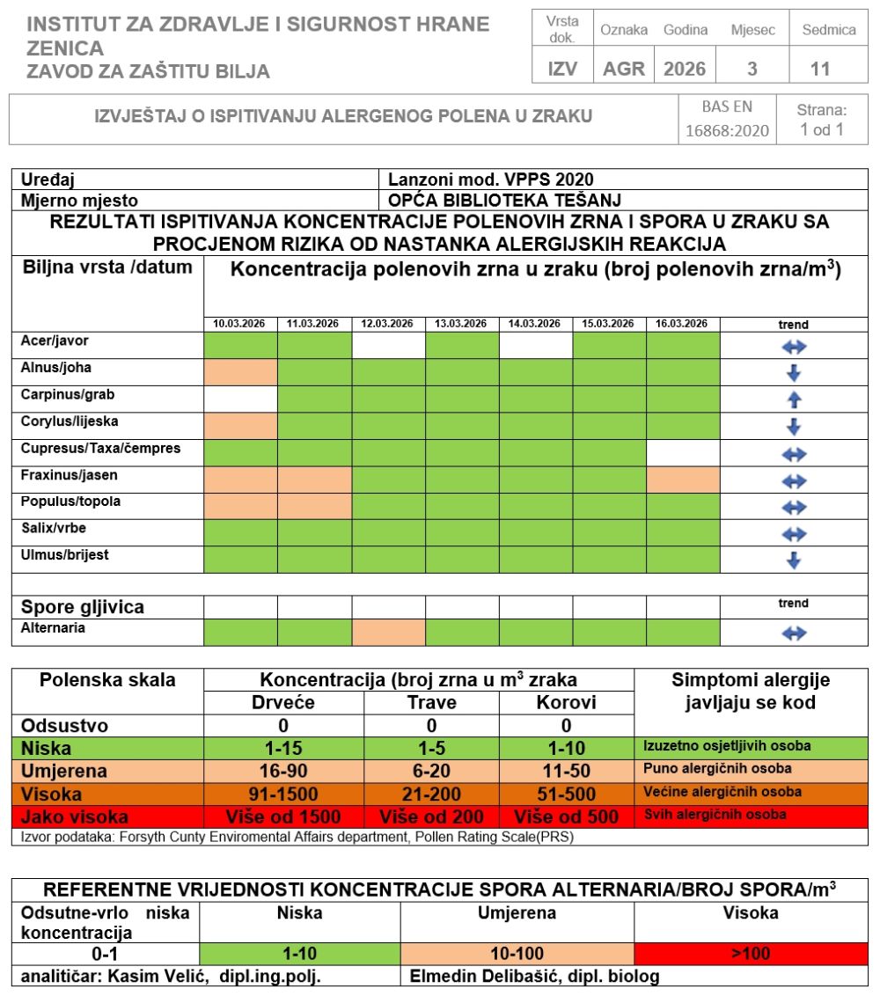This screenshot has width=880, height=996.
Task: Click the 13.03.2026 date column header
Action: (x=462, y=325)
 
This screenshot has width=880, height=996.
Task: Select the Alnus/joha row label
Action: (x=56, y=368)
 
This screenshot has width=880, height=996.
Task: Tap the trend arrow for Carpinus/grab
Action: (x=794, y=400)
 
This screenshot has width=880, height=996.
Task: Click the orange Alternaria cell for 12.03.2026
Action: (x=388, y=633)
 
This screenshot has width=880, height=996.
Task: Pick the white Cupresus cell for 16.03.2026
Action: (x=683, y=453)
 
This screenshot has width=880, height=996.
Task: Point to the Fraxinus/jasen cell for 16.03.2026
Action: (x=683, y=480)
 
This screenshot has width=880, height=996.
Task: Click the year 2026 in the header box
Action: (x=685, y=69)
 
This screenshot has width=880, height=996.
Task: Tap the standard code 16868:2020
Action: (x=727, y=131)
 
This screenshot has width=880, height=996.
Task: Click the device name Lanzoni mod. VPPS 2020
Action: (x=491, y=179)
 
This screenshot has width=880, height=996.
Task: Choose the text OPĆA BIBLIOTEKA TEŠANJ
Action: (x=505, y=200)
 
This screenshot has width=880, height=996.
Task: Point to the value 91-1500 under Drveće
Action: (x=283, y=793)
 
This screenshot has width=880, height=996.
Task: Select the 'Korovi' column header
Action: (x=566, y=703)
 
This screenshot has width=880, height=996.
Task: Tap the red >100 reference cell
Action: (x=750, y=953)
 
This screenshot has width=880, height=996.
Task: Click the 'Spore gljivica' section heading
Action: (x=83, y=607)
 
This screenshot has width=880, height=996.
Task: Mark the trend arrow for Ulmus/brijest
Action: (x=794, y=560)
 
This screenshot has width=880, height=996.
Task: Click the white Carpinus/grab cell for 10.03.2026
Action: (x=240, y=399)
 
